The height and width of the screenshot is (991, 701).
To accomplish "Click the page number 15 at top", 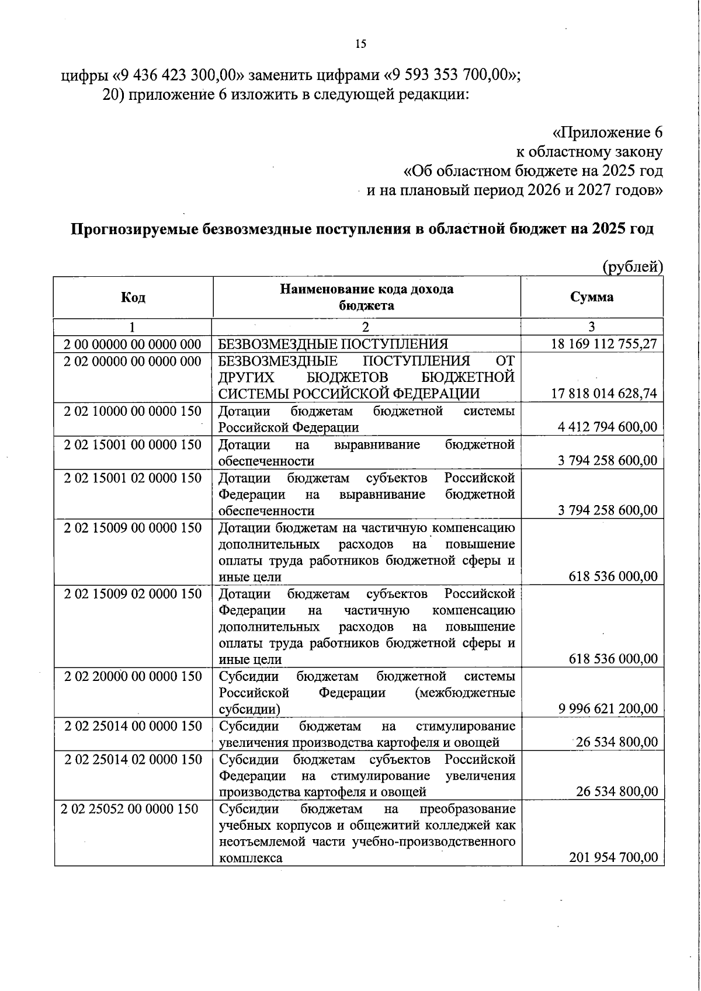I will pos(360,44).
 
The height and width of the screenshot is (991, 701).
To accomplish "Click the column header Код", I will pos(133,297).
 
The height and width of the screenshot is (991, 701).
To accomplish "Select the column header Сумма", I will pos(592,297).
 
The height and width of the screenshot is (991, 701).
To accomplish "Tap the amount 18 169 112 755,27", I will pos(604,344).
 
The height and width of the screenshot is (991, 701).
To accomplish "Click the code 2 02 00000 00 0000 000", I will pos(133,361).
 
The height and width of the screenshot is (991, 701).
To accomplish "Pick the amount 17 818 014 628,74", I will pos(604,394).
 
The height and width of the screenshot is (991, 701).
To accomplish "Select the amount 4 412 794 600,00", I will pos(608,427).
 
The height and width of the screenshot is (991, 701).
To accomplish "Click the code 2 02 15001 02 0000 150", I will pos(133,478).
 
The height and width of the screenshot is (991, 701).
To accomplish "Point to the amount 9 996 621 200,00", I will pos(608,709).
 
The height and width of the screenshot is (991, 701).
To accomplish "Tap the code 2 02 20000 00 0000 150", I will pos(133,676).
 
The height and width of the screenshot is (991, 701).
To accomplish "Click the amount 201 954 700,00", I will pos(613,857).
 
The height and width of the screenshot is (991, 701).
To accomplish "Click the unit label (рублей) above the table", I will pos(633,267).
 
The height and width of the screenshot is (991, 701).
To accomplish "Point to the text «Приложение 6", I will pos(608,133).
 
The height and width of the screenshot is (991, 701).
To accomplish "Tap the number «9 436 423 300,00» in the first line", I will pos(178,75).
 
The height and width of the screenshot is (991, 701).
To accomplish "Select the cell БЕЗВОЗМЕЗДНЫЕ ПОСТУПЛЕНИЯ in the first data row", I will pos(334,344).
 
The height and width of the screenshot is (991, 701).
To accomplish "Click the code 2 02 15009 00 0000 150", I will pos(133,527).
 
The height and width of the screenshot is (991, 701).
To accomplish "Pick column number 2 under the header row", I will pos(366,327).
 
